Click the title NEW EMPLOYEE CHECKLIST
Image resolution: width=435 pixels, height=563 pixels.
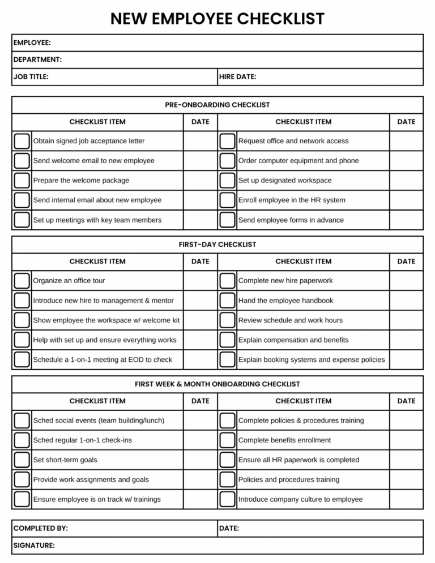217,19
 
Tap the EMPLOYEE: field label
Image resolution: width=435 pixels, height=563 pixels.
32,42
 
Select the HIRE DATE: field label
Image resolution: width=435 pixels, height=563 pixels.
238,76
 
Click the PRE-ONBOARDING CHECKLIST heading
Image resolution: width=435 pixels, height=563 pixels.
217,105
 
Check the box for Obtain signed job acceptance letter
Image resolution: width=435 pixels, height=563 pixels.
22,141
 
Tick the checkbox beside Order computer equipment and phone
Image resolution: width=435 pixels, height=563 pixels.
227,161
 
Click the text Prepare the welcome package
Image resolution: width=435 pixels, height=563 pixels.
81,180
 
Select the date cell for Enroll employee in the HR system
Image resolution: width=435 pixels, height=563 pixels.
406,200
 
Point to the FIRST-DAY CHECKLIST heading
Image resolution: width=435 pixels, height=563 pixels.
217,245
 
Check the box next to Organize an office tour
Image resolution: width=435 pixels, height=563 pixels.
22,280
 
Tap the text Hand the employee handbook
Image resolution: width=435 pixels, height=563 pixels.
285,300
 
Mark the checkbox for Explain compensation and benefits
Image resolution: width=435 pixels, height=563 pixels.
227,340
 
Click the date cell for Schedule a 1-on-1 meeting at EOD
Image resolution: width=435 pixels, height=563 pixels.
201,360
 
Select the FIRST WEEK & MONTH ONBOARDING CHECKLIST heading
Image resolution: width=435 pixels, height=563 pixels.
217,384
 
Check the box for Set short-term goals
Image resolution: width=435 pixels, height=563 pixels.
22,460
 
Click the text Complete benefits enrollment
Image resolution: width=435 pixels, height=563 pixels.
284,440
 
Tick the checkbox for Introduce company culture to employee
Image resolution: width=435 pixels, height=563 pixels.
227,499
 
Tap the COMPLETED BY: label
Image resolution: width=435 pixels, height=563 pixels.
40,528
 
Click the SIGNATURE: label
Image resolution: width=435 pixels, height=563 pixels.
34,545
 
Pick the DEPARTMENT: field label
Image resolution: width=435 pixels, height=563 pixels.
37,59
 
